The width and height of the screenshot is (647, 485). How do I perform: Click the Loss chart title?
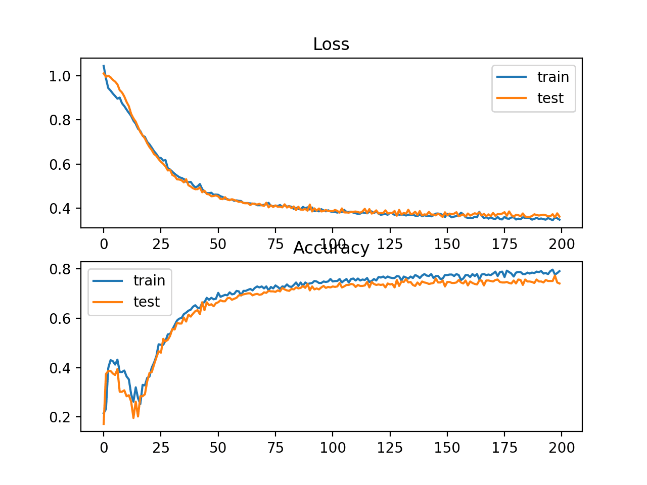tap(331, 44)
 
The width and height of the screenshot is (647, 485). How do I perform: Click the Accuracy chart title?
tap(331, 248)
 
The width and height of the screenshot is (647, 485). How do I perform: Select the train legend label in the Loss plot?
tap(553, 77)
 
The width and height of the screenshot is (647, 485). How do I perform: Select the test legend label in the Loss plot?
tap(550, 98)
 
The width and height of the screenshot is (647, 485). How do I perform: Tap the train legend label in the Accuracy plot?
tap(149, 280)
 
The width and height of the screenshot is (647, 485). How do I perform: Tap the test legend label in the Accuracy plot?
tap(147, 302)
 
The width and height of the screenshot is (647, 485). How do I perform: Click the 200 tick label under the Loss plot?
tap(562, 244)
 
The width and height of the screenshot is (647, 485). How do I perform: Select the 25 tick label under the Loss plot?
tap(161, 244)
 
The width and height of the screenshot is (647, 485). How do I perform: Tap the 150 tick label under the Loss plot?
tap(447, 244)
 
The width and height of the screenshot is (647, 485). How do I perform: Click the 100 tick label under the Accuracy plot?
tap(333, 448)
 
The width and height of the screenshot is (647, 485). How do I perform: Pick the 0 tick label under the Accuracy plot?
tap(104, 448)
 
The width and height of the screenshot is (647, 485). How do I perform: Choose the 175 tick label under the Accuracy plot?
tap(504, 448)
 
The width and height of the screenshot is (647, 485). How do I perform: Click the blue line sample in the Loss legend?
tap(512, 77)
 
